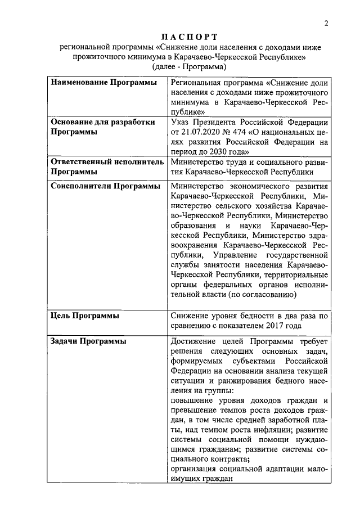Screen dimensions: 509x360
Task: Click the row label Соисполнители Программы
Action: [x=106, y=186]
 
